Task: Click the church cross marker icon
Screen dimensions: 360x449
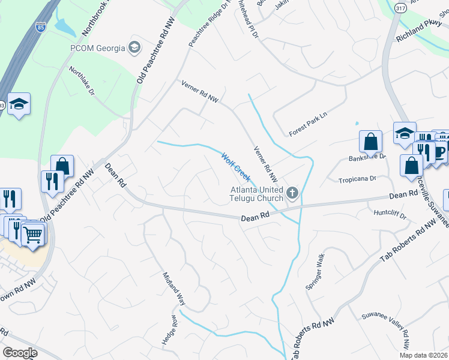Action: pyautogui.click(x=292, y=193)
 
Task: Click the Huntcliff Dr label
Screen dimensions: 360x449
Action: pyautogui.click(x=390, y=214)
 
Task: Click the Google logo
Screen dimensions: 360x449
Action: pyautogui.click(x=20, y=353)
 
